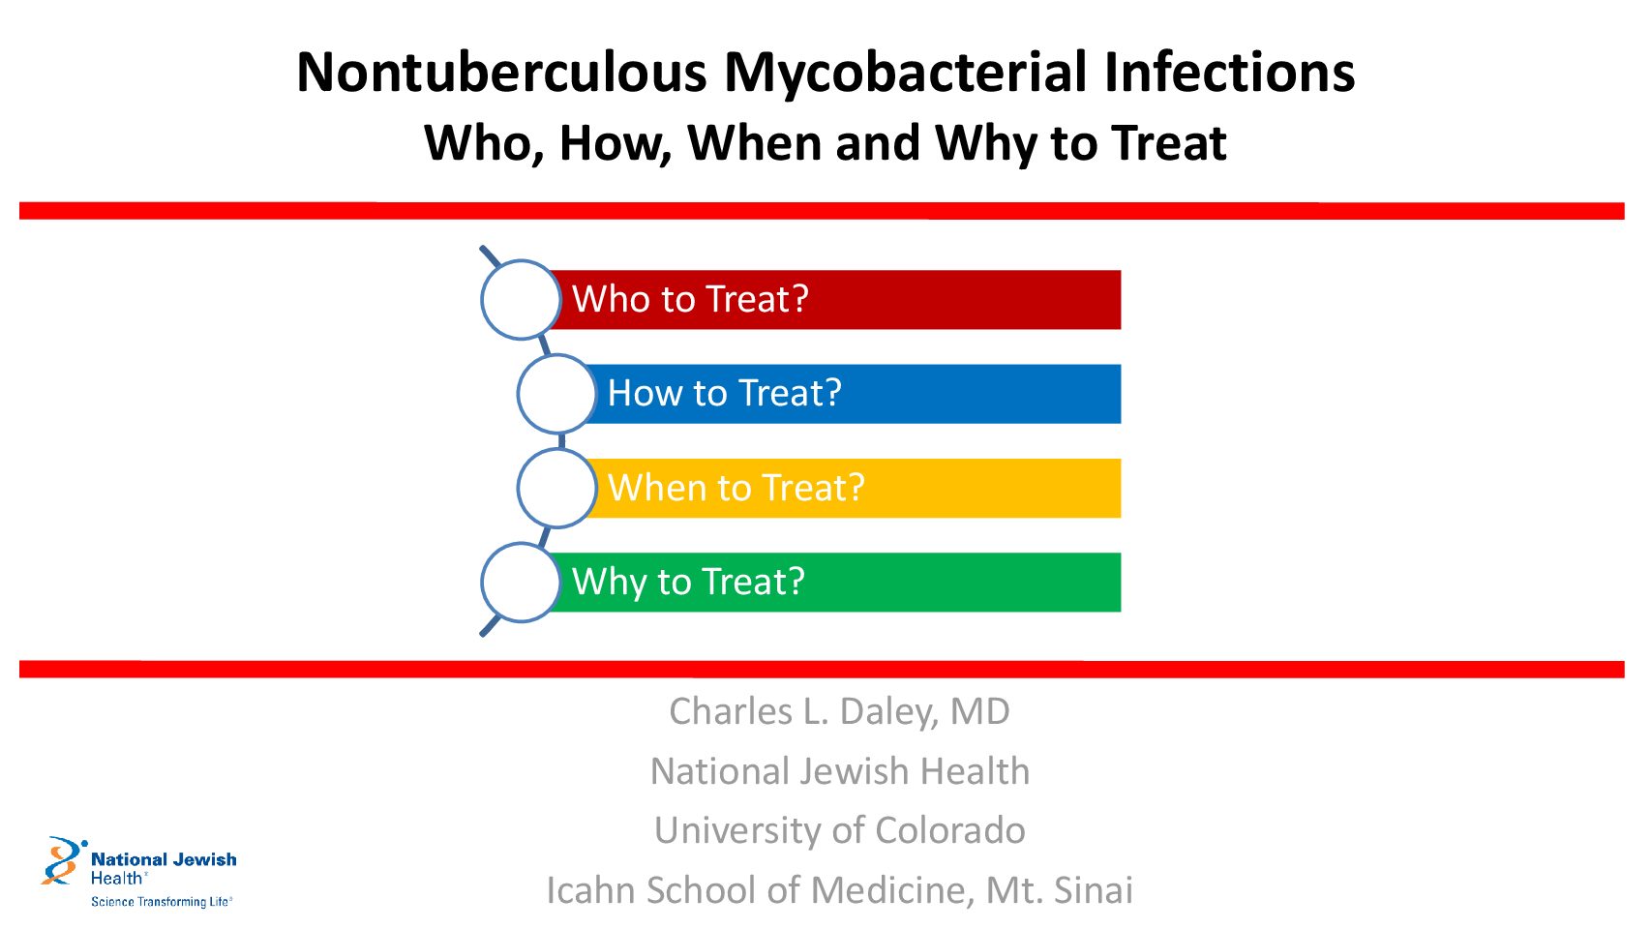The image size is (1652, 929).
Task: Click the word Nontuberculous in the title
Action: point(501,73)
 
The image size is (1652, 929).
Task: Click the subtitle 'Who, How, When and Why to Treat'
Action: point(826,143)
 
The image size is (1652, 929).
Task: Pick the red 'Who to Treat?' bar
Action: point(833,299)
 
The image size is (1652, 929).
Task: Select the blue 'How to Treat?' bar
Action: point(852,394)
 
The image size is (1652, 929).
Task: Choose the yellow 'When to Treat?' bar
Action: point(852,488)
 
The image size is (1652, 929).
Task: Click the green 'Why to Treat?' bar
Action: point(833,583)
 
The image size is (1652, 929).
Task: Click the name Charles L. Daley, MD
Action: point(839,712)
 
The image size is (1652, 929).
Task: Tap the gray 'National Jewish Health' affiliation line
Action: point(840,771)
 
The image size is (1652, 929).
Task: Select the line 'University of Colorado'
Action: point(840,830)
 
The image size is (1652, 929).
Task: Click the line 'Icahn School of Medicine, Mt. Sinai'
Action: point(839,890)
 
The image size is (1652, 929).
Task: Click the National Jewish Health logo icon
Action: point(64,860)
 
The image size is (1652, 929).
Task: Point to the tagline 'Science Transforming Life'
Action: point(162,902)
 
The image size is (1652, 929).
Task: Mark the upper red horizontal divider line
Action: point(822,211)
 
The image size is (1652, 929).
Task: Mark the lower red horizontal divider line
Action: point(822,670)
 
